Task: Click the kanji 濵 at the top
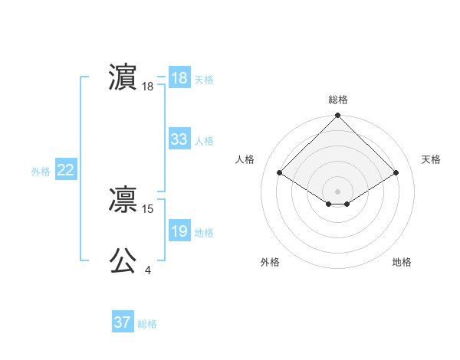pos(123,78)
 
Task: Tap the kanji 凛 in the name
pos(123,201)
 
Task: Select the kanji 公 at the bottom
pos(123,260)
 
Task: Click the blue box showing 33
pos(179,139)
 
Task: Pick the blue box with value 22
pos(65,171)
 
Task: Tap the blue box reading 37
pos(122,322)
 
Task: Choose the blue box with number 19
pos(179,231)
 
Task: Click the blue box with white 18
pos(179,78)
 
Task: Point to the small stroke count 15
pos(149,208)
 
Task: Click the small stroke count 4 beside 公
pos(147,270)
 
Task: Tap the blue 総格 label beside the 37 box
pos(147,324)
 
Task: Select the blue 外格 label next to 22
pos(41,172)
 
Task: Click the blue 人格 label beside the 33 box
pos(204,141)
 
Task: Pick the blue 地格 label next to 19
pos(204,233)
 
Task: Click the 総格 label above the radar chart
pos(337,100)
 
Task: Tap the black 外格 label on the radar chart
pos(270,262)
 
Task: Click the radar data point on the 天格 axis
pos(396,173)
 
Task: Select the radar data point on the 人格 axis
pos(280,173)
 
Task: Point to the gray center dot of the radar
pos(337,191)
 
